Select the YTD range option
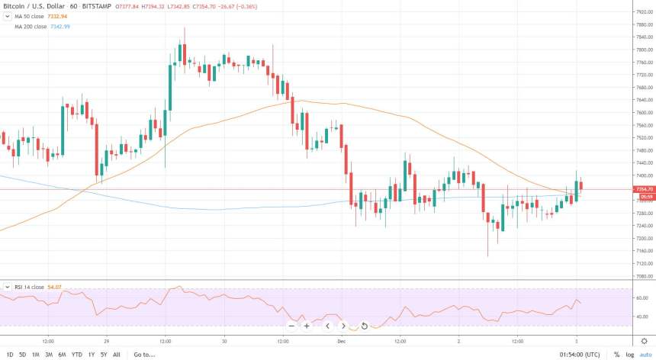tap(76, 355)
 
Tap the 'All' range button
tap(116, 355)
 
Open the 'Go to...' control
tap(143, 355)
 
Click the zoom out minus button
tap(291, 326)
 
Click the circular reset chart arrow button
tap(365, 326)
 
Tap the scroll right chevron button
tap(343, 326)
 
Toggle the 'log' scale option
tap(630, 355)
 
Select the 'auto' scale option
tap(645, 355)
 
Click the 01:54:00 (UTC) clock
tap(580, 355)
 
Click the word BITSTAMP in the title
tap(101, 6)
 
